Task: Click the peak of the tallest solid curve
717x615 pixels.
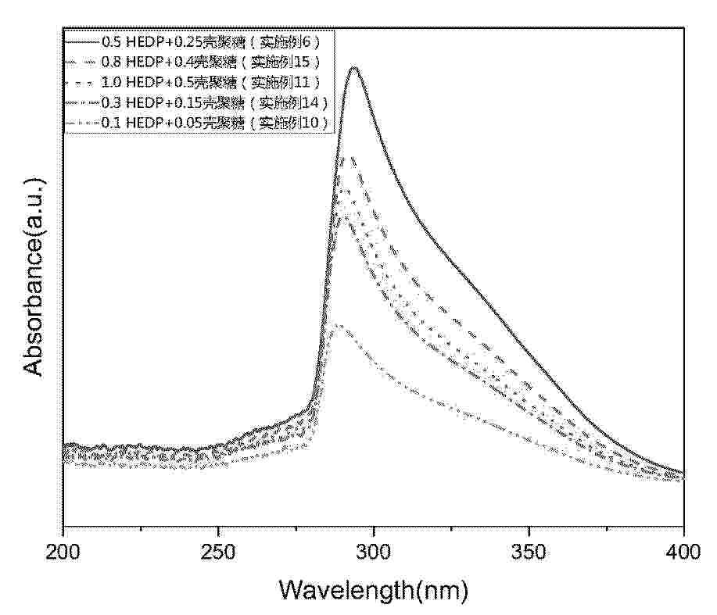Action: [355, 68]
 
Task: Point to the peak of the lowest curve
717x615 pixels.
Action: [335, 324]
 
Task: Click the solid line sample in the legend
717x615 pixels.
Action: [81, 40]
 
